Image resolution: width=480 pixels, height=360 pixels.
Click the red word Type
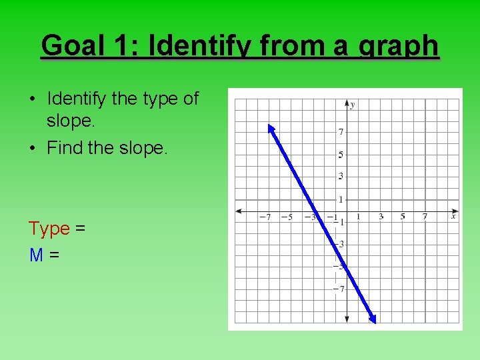(49, 229)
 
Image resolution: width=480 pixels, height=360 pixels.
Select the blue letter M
(37, 254)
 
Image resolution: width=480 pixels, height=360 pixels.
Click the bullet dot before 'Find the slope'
(32, 148)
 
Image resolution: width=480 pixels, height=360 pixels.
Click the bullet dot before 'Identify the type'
(32, 99)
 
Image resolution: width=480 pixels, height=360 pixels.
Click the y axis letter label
(353, 105)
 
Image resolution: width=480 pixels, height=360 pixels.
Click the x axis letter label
(453, 216)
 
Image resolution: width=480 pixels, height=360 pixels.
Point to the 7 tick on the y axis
(341, 132)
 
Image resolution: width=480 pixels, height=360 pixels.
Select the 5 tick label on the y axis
(341, 155)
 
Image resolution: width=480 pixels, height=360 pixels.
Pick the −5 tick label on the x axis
(287, 217)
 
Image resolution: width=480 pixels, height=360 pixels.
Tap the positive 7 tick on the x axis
(425, 217)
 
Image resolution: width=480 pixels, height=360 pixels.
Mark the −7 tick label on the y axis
(339, 289)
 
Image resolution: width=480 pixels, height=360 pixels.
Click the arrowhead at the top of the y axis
(347, 103)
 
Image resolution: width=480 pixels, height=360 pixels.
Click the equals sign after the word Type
(80, 229)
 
